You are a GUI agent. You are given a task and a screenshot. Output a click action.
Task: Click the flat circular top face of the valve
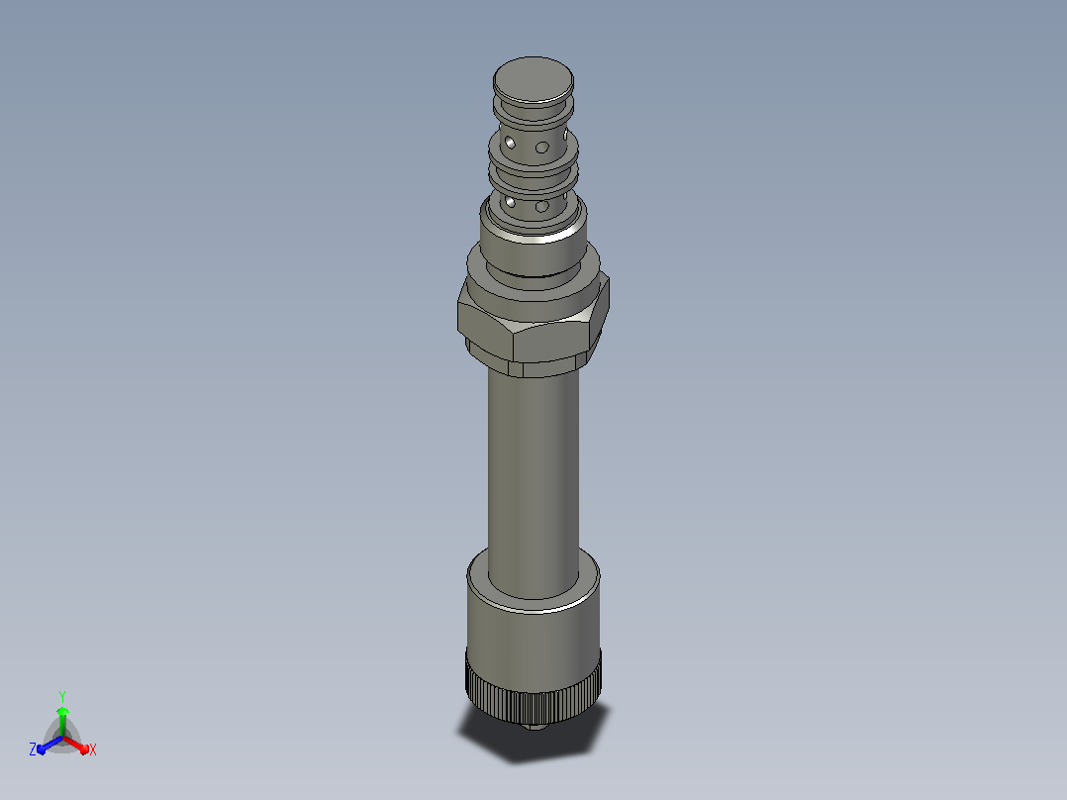click(x=533, y=79)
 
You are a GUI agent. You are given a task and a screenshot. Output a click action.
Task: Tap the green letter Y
click(x=62, y=696)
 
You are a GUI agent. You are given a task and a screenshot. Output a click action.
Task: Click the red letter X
click(x=93, y=750)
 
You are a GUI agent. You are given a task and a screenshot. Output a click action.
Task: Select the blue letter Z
click(x=33, y=749)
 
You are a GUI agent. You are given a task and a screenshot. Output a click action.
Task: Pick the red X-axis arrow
click(x=75, y=745)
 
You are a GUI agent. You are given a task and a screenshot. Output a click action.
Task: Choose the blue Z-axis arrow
click(x=49, y=745)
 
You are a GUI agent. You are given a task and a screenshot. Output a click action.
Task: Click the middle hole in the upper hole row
click(x=541, y=148)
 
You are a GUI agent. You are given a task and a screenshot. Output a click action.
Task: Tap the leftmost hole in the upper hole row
click(x=509, y=143)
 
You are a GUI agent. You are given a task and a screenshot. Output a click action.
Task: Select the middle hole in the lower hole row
click(x=541, y=206)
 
